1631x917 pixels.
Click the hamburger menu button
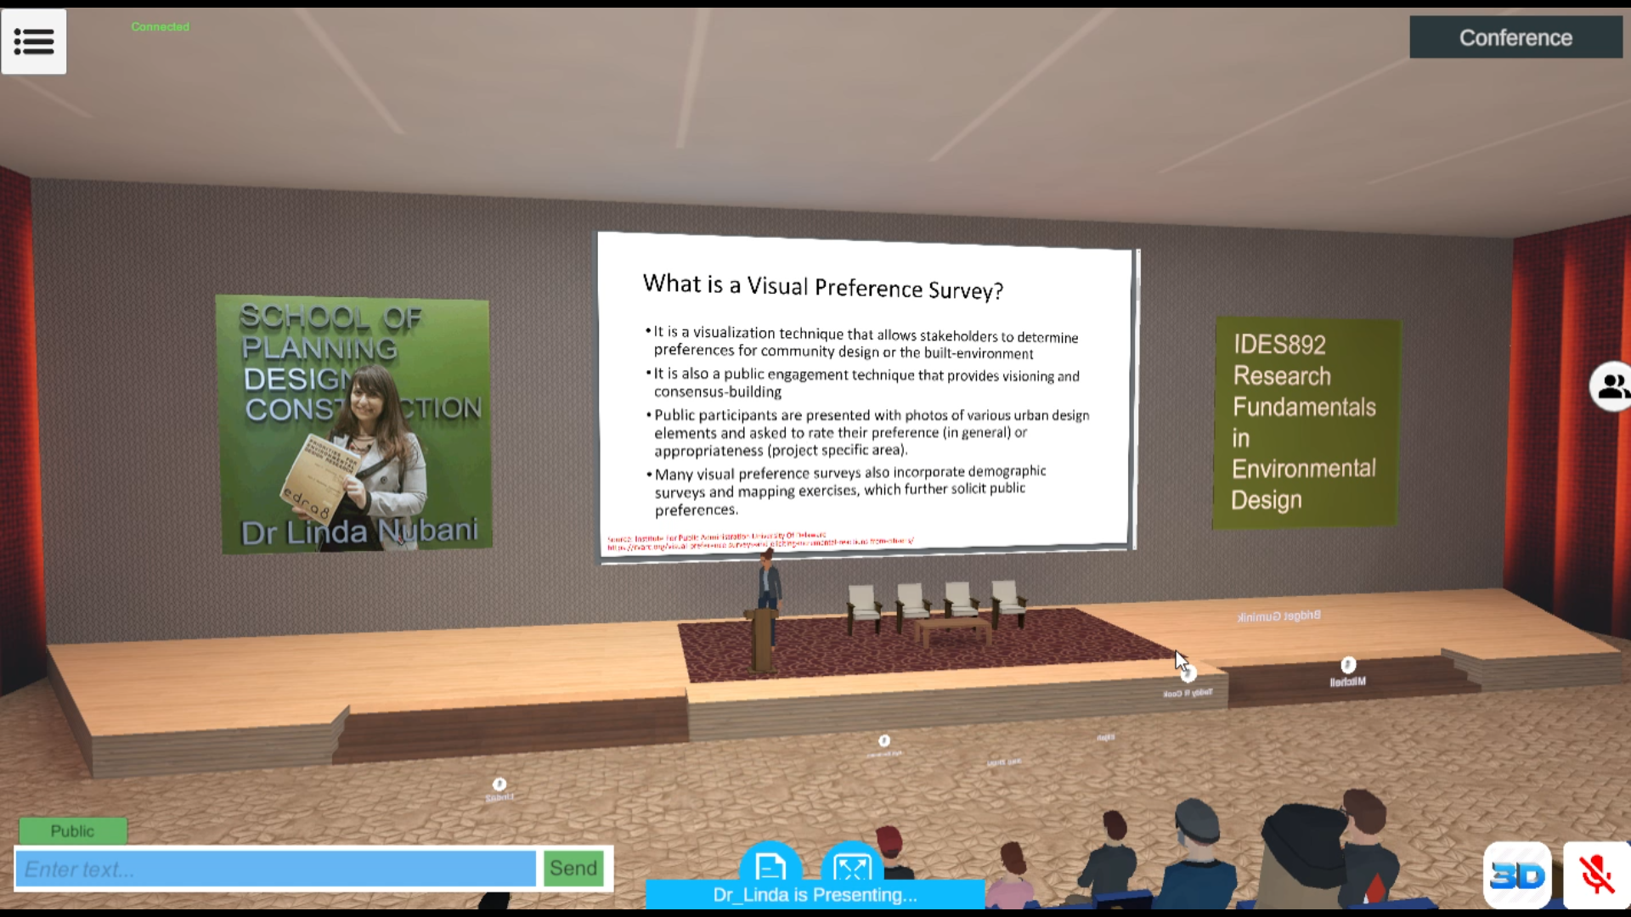coord(34,42)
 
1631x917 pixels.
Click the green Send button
coord(573,868)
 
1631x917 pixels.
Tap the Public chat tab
coord(72,830)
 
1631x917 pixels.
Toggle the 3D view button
coord(1518,875)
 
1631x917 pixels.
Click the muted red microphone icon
coord(1596,875)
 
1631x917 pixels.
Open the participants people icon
coord(1611,386)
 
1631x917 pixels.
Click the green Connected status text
coord(160,27)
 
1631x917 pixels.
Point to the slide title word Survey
coord(965,290)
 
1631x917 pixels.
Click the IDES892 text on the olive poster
coord(1279,345)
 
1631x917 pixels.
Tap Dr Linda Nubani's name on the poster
coord(359,532)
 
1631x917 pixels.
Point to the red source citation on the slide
coord(760,541)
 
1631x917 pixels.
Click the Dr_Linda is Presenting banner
coord(815,895)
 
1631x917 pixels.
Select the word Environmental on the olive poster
coord(1303,469)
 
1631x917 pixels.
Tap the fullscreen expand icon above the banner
coord(852,866)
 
